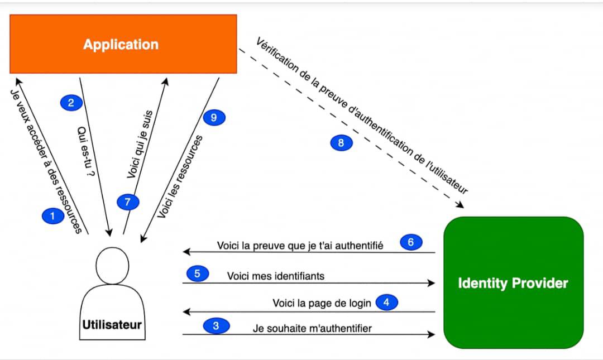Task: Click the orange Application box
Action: coord(123,44)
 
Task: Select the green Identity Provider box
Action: coord(513,282)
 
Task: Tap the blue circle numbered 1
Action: coord(53,216)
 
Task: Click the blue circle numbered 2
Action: coord(71,102)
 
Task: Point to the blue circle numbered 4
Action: coord(387,303)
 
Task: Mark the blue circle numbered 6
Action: coord(411,242)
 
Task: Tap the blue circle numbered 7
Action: coord(128,202)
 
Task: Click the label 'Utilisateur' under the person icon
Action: coord(112,324)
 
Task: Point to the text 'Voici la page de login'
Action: coord(322,303)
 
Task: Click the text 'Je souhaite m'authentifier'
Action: coord(312,328)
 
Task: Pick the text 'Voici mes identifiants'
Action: coord(275,276)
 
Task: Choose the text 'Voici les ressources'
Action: coord(180,176)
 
